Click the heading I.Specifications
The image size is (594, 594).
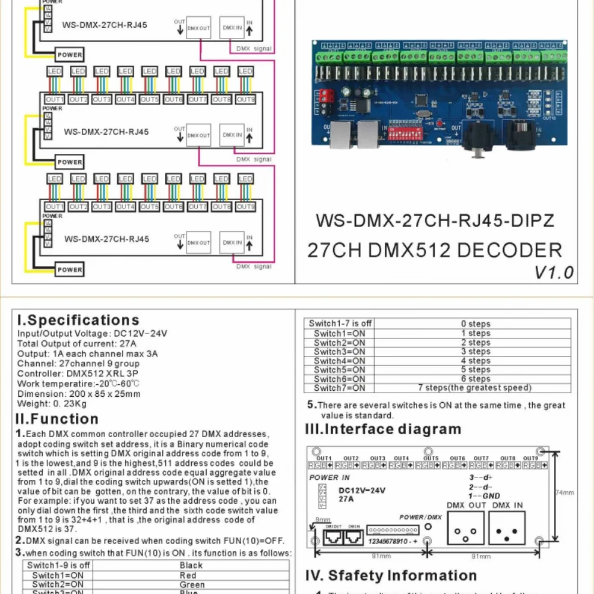click(78, 321)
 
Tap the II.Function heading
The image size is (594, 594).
click(57, 419)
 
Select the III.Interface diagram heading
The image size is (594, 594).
click(383, 429)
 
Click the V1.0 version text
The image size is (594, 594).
click(554, 273)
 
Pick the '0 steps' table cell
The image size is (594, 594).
click(476, 324)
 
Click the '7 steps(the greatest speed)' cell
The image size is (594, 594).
click(475, 388)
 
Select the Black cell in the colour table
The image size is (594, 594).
click(191, 565)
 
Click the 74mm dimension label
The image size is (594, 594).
click(565, 492)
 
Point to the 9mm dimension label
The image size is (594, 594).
click(323, 519)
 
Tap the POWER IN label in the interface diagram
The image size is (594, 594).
click(330, 478)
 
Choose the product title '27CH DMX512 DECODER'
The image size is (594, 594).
click(434, 250)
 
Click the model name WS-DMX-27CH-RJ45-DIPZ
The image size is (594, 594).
click(435, 221)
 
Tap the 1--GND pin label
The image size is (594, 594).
click(484, 495)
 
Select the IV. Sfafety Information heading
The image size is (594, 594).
click(391, 576)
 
